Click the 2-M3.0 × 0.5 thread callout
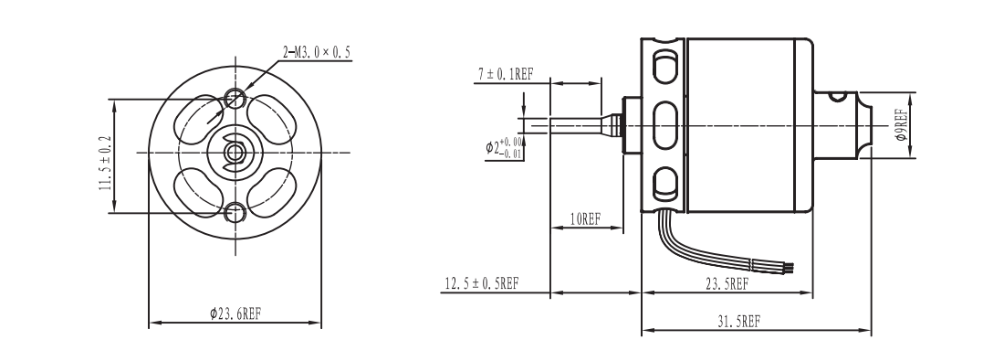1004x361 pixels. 317,52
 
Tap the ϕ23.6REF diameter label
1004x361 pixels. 235,313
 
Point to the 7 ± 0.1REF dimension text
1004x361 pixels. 506,74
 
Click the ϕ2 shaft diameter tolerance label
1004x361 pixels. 503,148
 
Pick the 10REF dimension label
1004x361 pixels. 585,219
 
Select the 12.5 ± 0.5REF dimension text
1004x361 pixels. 482,282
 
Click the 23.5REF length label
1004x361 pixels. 727,284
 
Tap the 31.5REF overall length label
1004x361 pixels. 739,322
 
